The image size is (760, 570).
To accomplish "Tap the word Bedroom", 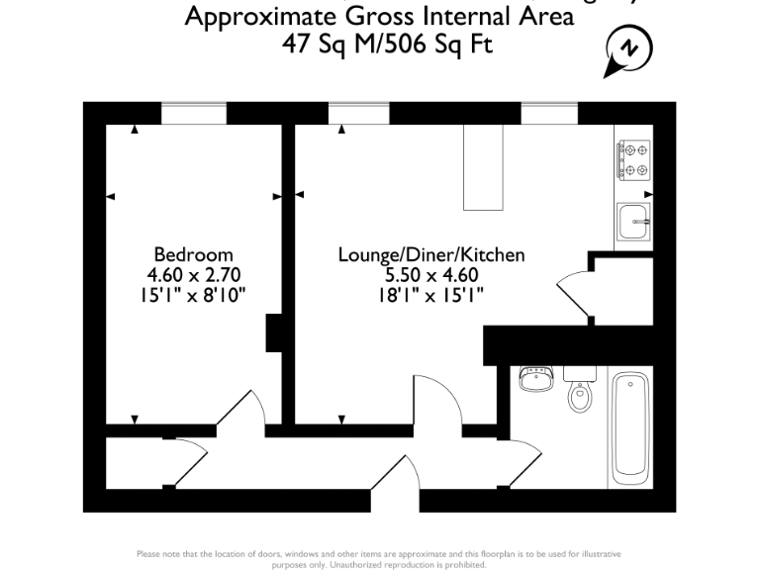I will pos(193,254).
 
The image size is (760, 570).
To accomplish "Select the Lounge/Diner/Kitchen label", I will pos(431,254).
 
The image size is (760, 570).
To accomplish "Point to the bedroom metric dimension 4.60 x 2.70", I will pos(194,274).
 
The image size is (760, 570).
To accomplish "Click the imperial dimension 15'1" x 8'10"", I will pos(194,294).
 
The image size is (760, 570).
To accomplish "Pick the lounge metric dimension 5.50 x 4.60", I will pos(431,274).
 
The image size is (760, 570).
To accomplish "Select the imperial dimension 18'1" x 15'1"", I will pos(431,294).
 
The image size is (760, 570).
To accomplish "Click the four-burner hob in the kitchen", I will pos(634,159).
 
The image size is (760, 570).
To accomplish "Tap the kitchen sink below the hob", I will pos(633,221).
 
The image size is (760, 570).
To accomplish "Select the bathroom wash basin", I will pos(537,379).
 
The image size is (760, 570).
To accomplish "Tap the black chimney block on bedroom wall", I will pos(274,333).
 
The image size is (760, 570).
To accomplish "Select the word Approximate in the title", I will pos(252,17).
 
